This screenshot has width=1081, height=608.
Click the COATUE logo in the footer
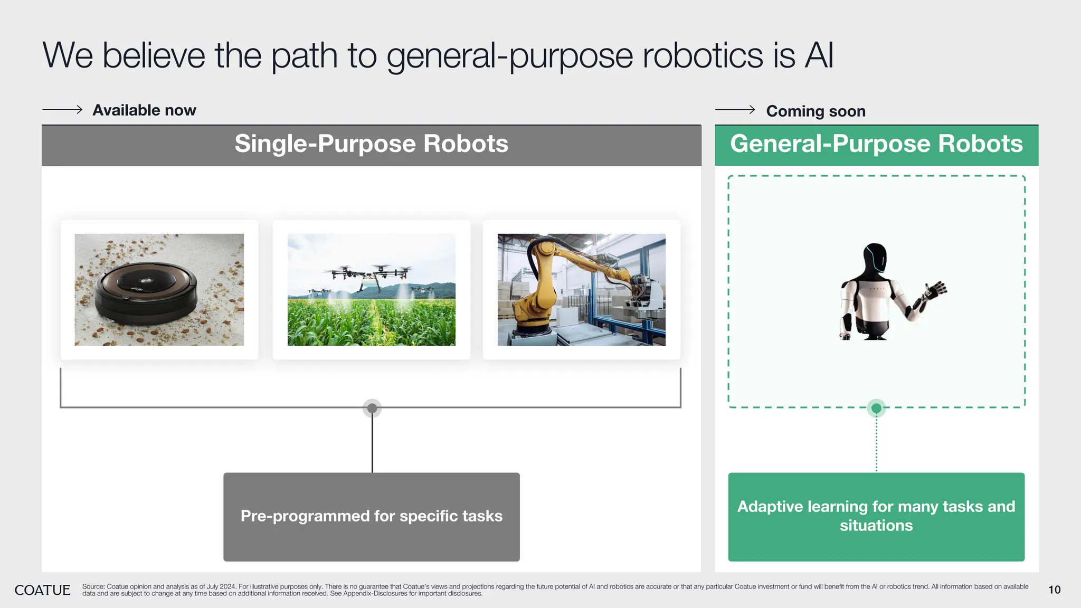[42, 590]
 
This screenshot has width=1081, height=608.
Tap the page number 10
[1054, 590]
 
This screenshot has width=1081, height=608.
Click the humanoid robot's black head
[875, 259]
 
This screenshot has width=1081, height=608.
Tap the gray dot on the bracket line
[372, 408]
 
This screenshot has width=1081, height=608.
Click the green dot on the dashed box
[876, 408]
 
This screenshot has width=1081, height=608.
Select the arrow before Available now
[62, 110]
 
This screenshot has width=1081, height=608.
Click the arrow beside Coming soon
[735, 110]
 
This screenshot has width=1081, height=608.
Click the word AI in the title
[819, 55]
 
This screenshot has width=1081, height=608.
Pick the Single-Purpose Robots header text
[371, 144]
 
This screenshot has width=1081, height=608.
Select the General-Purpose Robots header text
[876, 144]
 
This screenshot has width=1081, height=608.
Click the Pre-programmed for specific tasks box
[371, 517]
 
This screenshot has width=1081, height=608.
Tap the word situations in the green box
[876, 526]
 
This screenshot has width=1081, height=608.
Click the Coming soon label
[816, 111]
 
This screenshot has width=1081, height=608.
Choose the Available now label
[144, 110]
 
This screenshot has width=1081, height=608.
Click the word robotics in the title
[703, 55]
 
